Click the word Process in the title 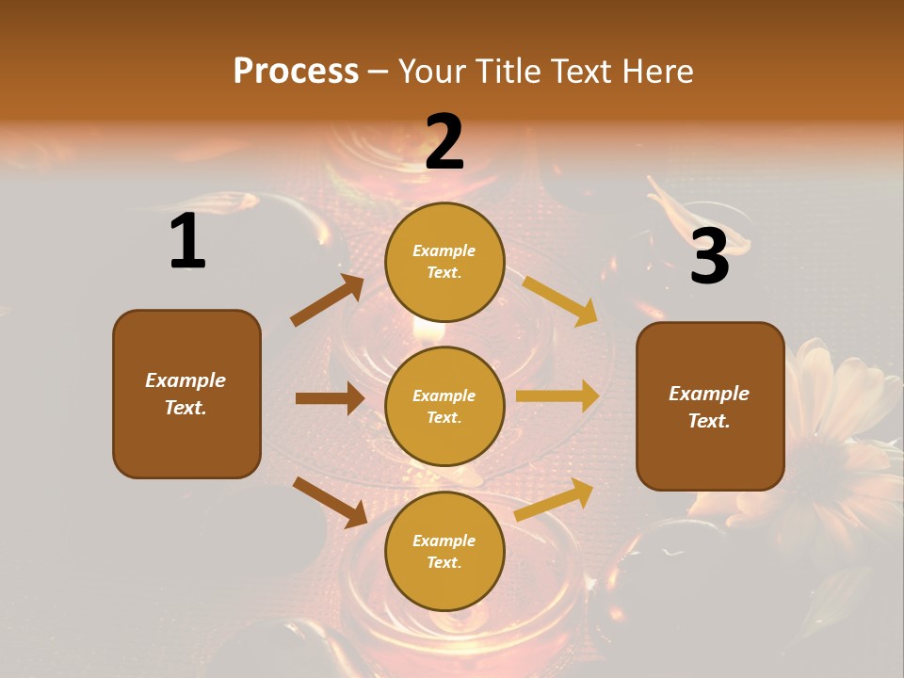[x=296, y=71]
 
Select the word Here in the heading [x=655, y=71]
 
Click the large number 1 [x=187, y=242]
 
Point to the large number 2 [x=444, y=142]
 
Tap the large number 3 [x=709, y=257]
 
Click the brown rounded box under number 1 [x=186, y=394]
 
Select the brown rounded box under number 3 [x=710, y=407]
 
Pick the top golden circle [x=444, y=262]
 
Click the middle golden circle [x=444, y=407]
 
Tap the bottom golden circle [x=444, y=552]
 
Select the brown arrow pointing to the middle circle [x=330, y=398]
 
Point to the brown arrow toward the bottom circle [x=330, y=502]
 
